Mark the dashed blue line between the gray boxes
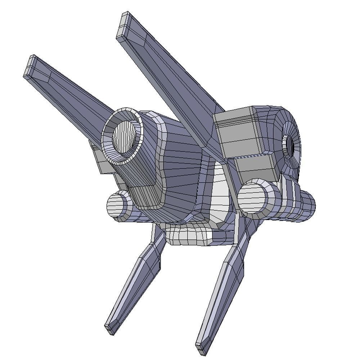(252, 156)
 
